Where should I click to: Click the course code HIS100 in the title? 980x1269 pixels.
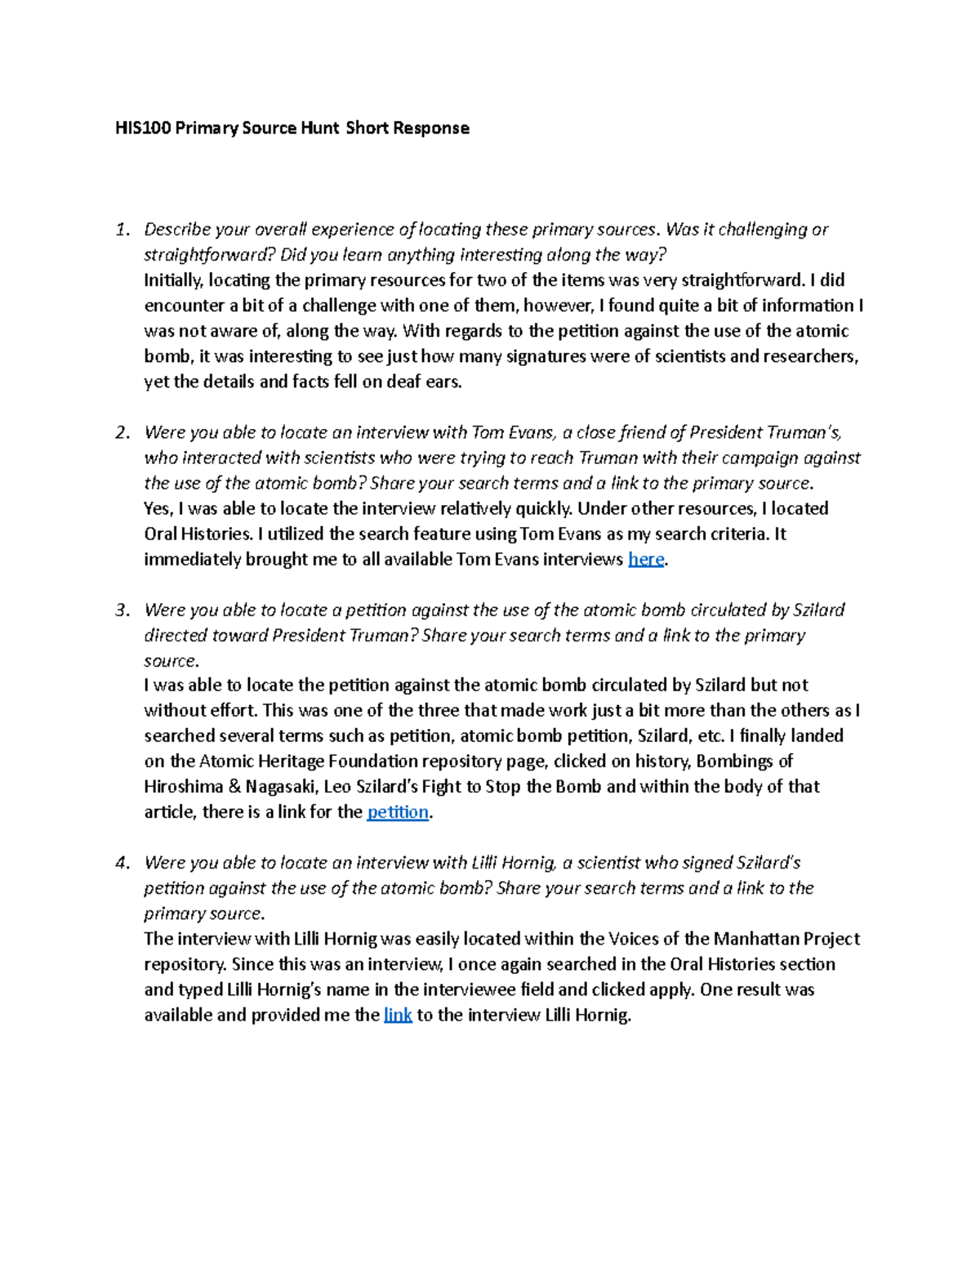point(142,127)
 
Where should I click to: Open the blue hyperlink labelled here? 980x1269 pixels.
point(645,560)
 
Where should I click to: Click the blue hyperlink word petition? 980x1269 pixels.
point(398,812)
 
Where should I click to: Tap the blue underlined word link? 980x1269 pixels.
point(398,1016)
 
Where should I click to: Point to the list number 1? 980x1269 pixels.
point(122,230)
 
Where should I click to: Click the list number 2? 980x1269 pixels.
point(122,432)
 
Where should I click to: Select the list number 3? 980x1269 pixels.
point(122,610)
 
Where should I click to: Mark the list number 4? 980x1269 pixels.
point(122,863)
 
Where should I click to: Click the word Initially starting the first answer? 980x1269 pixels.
point(173,280)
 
